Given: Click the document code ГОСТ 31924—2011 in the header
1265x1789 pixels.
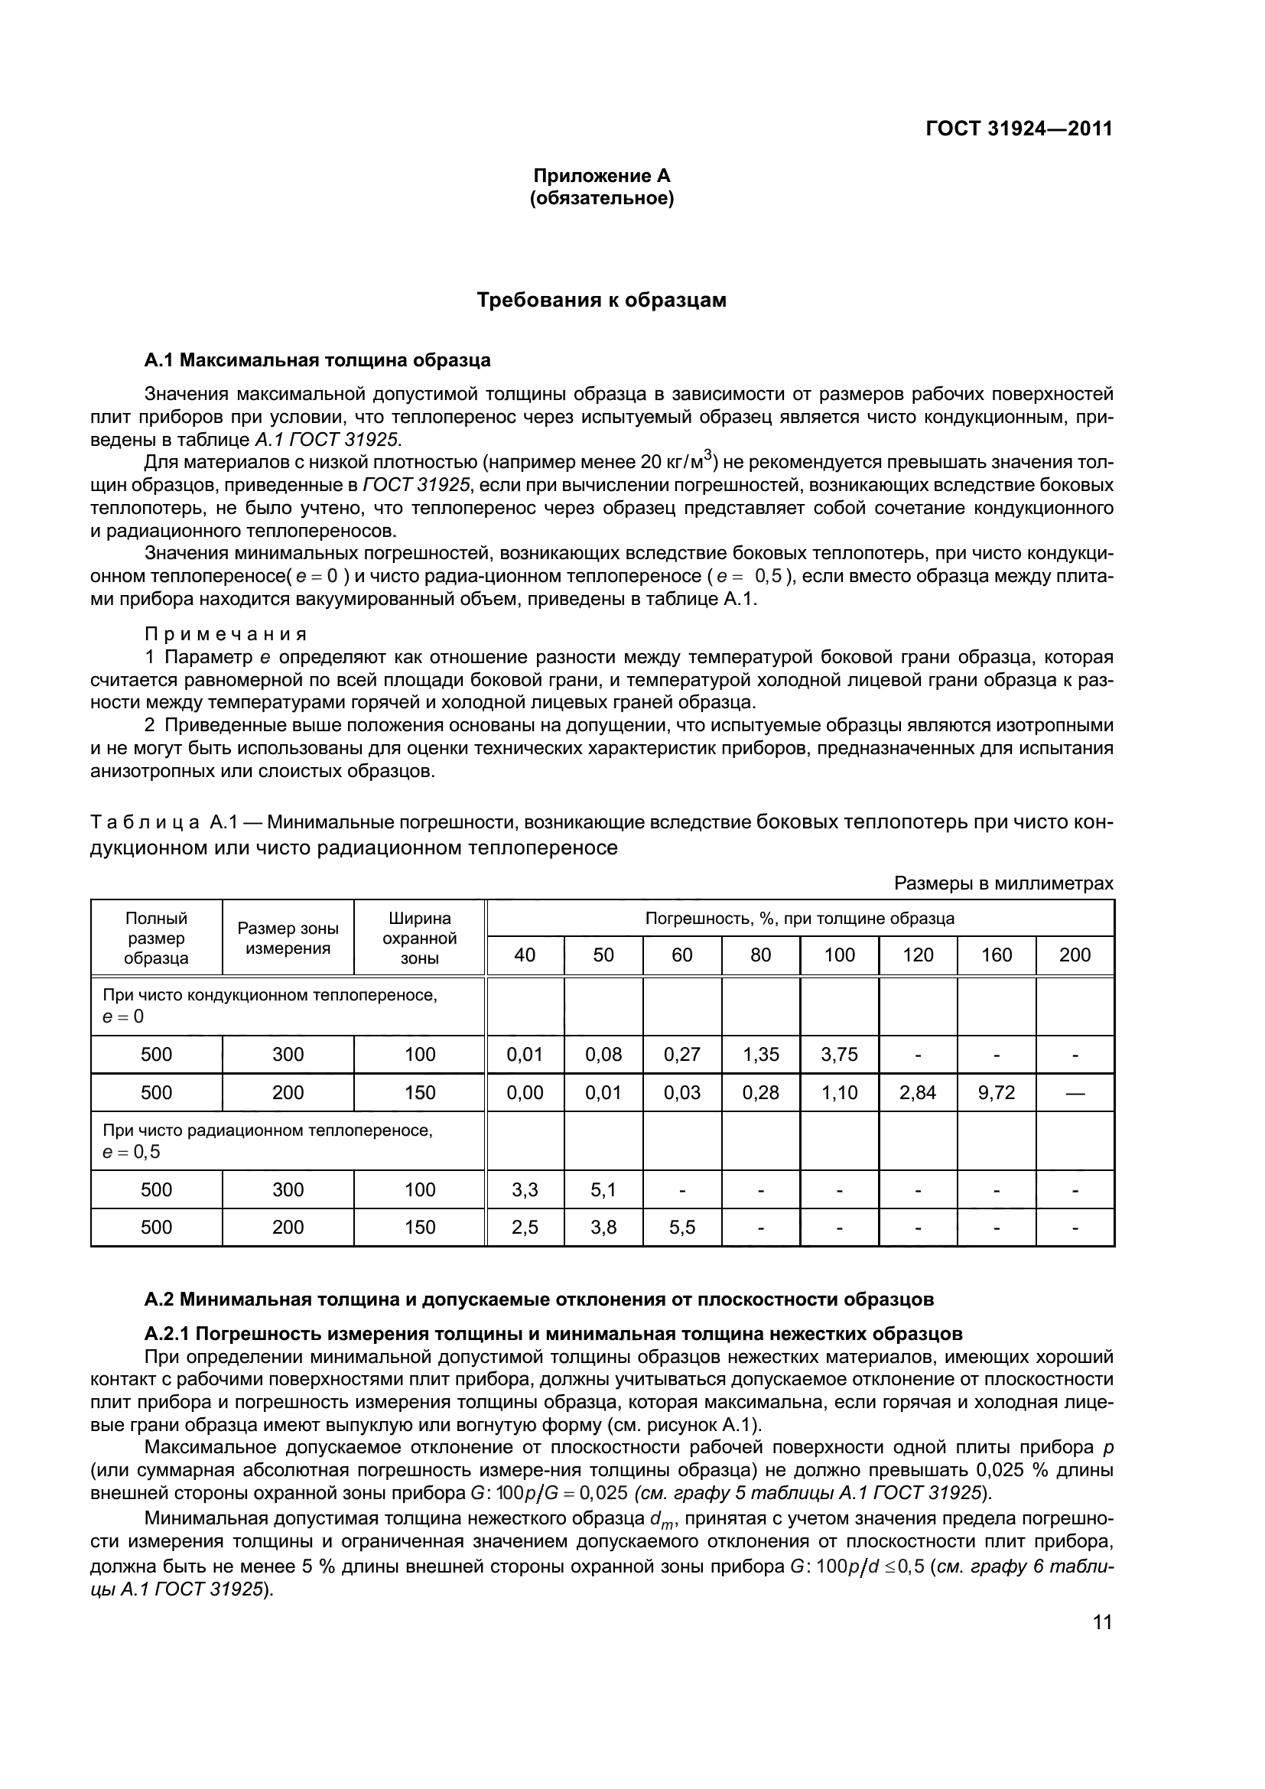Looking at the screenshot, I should [x=1019, y=128].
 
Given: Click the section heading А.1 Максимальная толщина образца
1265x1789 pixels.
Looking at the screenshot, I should [x=317, y=360].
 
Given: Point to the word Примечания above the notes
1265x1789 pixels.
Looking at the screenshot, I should [x=226, y=633].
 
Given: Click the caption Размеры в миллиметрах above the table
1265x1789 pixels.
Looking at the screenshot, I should [x=1003, y=883].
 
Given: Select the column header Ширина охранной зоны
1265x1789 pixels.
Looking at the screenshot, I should [x=420, y=938].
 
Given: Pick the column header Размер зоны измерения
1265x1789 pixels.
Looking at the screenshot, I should [x=288, y=938].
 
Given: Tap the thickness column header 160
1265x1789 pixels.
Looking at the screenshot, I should [x=997, y=955].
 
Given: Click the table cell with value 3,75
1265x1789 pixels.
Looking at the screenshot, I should [x=839, y=1055].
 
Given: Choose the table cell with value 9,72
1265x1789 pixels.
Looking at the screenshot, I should [x=997, y=1092].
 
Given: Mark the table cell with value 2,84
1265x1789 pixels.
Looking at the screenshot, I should [x=918, y=1092].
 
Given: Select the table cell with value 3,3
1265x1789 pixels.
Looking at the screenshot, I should [x=525, y=1190].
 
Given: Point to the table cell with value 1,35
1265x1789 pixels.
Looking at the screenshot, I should [x=760, y=1055].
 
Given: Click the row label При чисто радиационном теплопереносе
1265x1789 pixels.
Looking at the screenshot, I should [x=267, y=1130].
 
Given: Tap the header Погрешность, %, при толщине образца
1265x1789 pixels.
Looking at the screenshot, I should [x=799, y=919].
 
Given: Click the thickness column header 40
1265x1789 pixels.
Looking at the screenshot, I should [x=525, y=955].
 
